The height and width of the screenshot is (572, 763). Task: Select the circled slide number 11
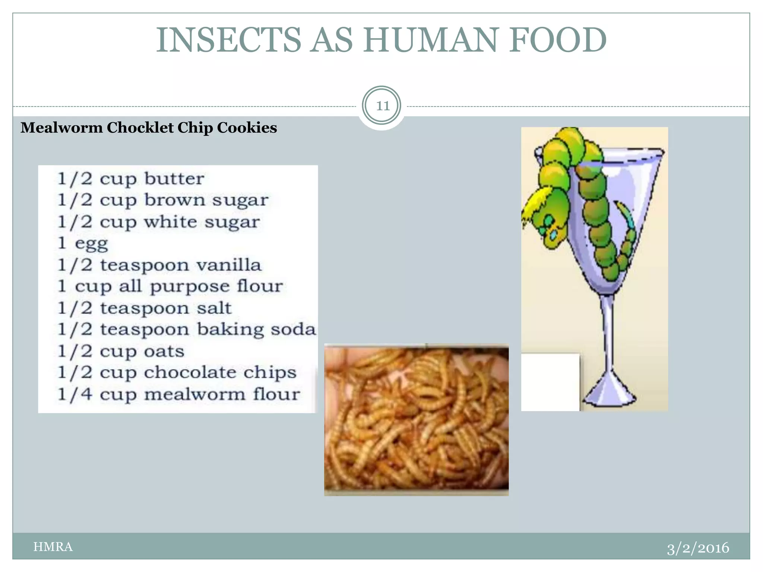381,106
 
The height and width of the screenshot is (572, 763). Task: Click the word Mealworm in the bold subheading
61,128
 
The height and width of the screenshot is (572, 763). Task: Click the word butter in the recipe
174,179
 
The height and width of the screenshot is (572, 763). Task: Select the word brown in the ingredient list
174,200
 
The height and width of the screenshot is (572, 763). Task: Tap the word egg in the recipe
91,244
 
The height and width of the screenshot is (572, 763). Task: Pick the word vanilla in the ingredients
229,265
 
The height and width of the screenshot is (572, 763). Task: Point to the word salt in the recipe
214,308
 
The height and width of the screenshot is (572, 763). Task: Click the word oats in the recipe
164,351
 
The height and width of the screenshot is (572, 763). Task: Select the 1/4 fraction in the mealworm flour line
75,394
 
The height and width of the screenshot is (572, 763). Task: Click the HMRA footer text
53,547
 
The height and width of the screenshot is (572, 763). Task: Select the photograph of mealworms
416,420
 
